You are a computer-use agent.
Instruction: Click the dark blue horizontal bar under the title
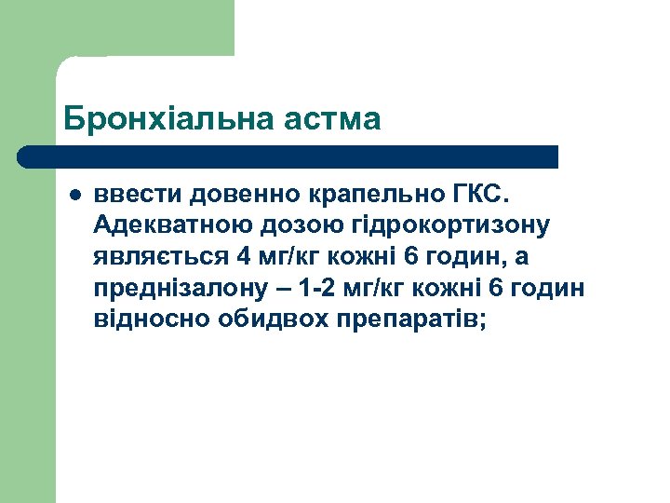(288, 156)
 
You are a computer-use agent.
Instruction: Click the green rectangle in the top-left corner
(117, 28)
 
